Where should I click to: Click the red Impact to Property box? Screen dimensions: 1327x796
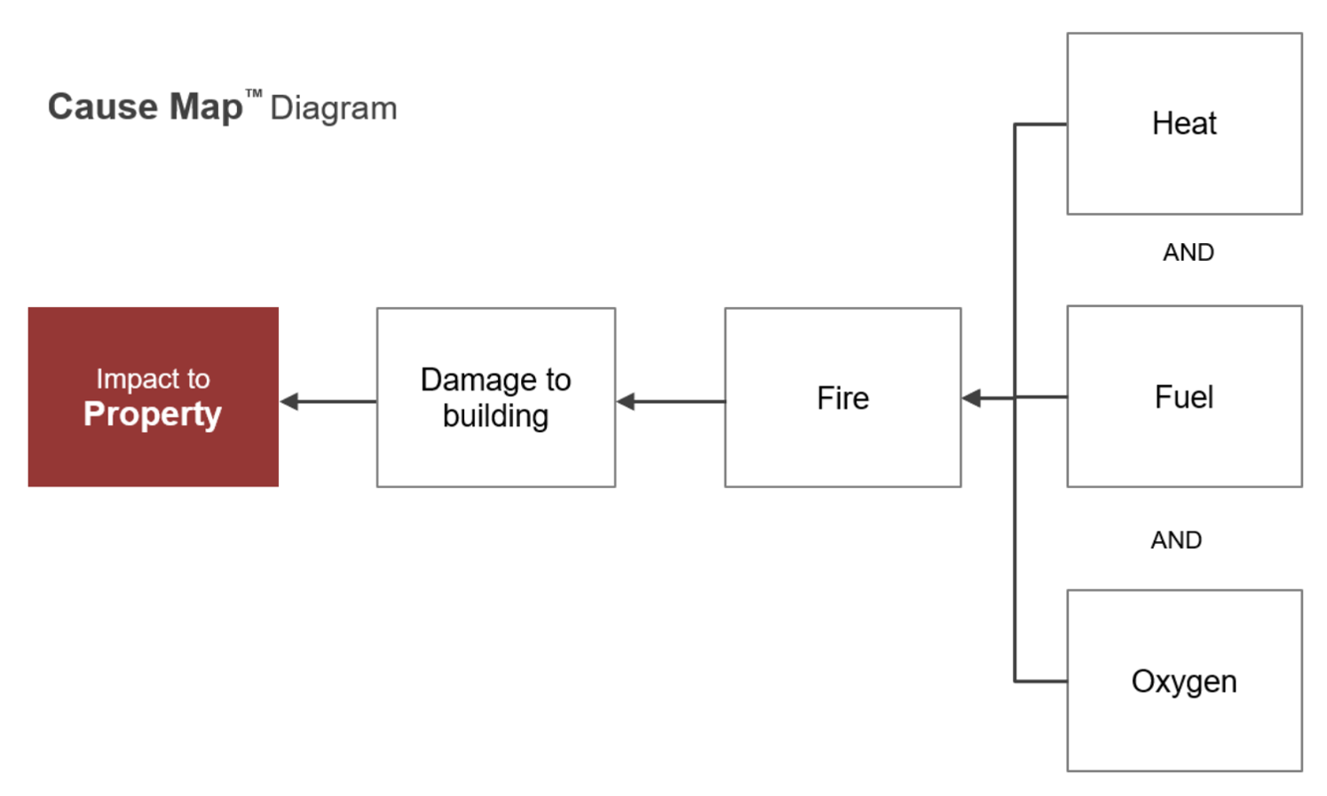pyautogui.click(x=154, y=397)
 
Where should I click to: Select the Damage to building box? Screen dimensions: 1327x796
pyautogui.click(x=496, y=398)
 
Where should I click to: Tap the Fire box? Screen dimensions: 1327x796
pyautogui.click(x=843, y=398)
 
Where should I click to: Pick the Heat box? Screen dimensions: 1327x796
pyautogui.click(x=1185, y=123)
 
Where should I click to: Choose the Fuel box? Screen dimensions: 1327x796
pyautogui.click(x=1185, y=396)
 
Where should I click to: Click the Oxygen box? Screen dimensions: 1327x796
pyautogui.click(x=1185, y=681)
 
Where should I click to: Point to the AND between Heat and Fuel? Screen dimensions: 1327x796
pyautogui.click(x=1189, y=252)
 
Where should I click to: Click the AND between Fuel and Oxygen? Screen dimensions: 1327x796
pyautogui.click(x=1176, y=540)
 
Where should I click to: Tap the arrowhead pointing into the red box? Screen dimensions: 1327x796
pyautogui.click(x=289, y=402)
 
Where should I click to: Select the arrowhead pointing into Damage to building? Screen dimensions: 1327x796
pyautogui.click(x=626, y=402)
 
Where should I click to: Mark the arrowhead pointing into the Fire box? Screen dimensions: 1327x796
pyautogui.click(x=971, y=398)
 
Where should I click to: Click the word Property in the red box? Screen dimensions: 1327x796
pyautogui.click(x=153, y=414)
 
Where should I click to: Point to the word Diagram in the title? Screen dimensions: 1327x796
pyautogui.click(x=334, y=108)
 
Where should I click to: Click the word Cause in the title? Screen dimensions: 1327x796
pyautogui.click(x=103, y=106)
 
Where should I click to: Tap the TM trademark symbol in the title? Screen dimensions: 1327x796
pyautogui.click(x=254, y=93)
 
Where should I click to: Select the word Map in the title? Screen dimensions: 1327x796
pyautogui.click(x=206, y=107)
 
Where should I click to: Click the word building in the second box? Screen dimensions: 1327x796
pyautogui.click(x=496, y=416)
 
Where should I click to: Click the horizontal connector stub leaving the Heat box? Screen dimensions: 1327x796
pyautogui.click(x=1040, y=124)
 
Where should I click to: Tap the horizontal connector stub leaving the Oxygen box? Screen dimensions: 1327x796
pyautogui.click(x=1040, y=682)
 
